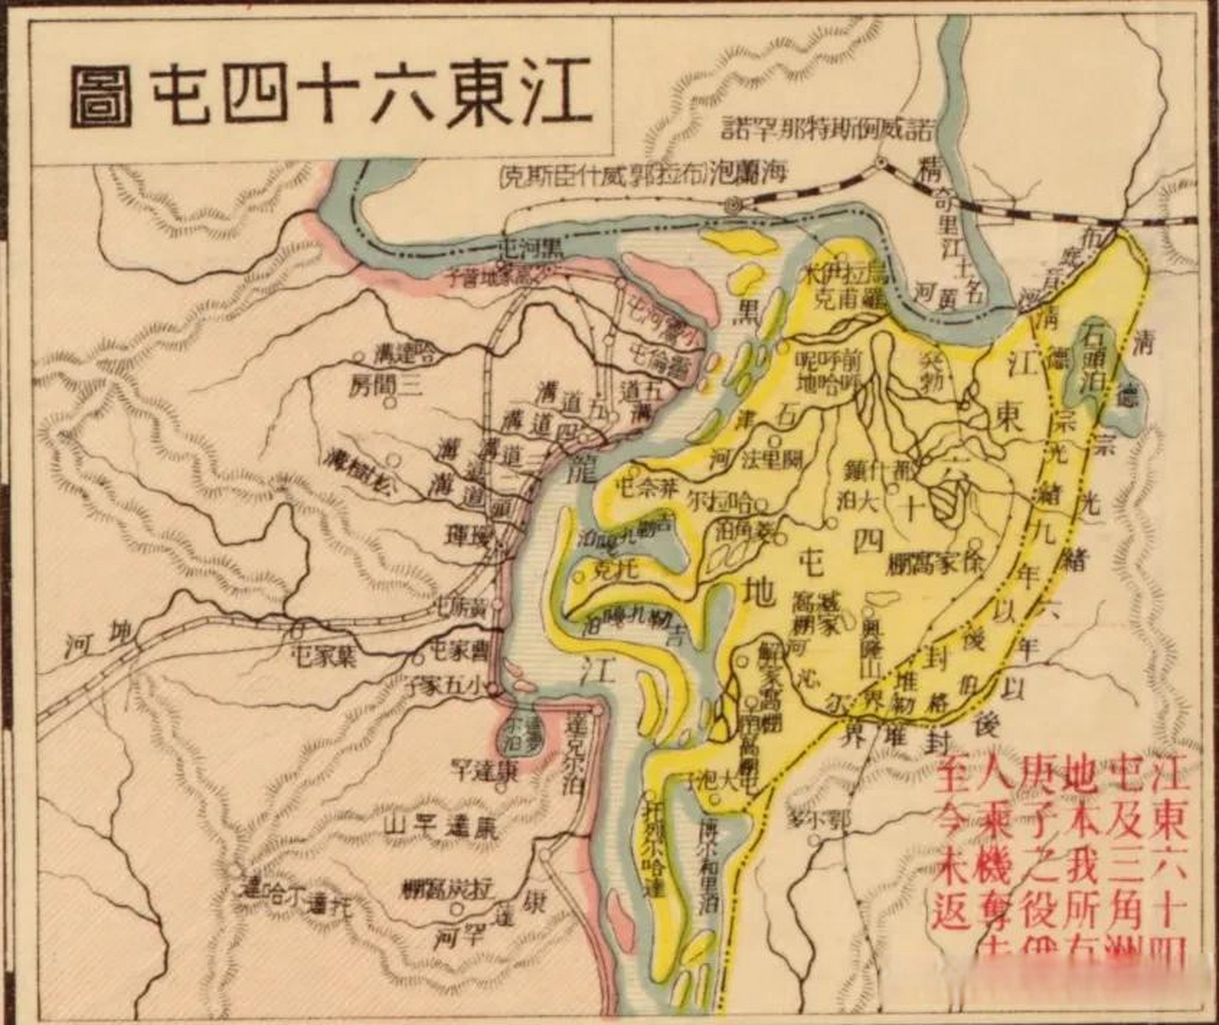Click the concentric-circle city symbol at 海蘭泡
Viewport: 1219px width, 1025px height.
click(733, 206)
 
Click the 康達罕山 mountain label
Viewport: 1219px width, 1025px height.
click(439, 826)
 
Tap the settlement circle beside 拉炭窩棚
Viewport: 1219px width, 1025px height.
click(456, 909)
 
